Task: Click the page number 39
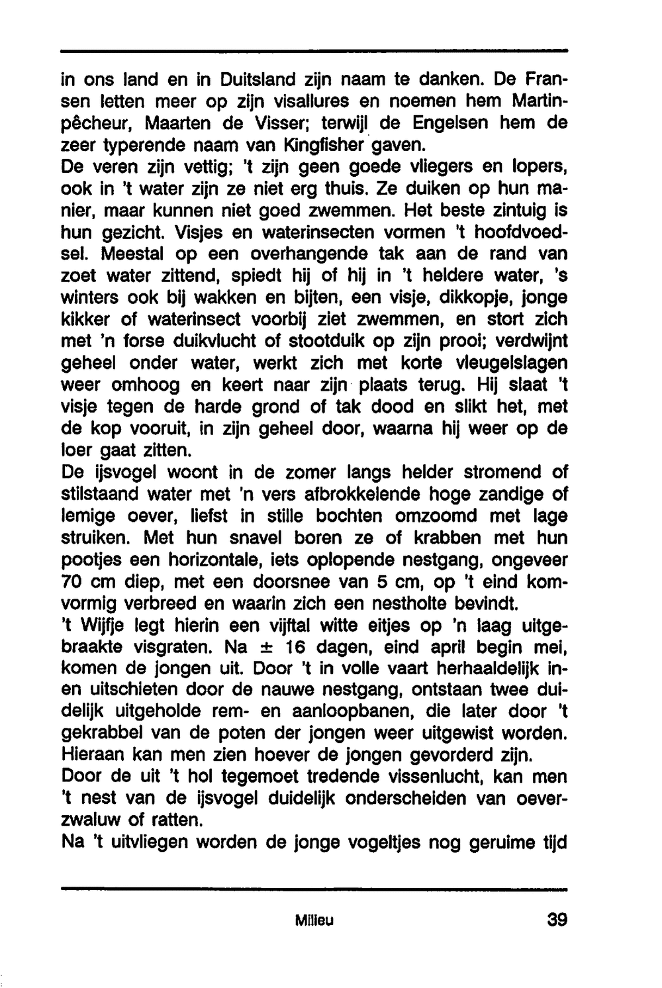click(x=557, y=920)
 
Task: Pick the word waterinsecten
click(x=322, y=232)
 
